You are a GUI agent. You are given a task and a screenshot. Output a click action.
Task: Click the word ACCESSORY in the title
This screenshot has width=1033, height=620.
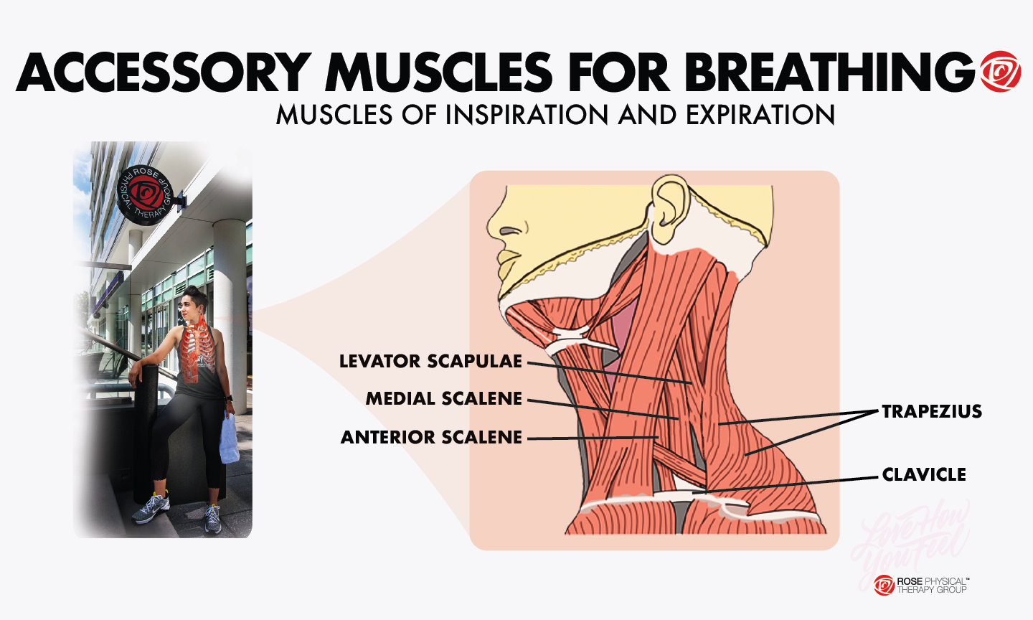[x=164, y=72]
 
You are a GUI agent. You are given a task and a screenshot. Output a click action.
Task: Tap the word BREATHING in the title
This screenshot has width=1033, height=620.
[x=831, y=72]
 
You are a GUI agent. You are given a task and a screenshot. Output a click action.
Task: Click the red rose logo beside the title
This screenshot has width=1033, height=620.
[x=1000, y=72]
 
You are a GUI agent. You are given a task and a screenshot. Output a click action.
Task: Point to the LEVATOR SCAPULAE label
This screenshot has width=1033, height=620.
[x=430, y=361]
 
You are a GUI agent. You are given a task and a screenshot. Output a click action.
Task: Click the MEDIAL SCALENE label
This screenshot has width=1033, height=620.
[x=444, y=399]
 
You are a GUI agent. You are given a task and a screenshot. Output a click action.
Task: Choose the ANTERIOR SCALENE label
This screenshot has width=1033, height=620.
[x=431, y=437]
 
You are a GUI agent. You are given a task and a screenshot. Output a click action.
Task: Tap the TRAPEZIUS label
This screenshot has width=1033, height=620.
[x=932, y=411]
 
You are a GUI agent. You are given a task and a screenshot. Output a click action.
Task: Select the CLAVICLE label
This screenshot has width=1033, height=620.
[x=924, y=474]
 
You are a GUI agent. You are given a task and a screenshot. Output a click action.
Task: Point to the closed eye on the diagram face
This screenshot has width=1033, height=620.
[x=511, y=231]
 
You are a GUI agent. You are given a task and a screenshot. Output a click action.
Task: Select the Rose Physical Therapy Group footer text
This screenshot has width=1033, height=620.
[x=932, y=586]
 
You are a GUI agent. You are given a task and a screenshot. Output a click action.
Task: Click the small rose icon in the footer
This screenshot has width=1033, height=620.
[x=884, y=586]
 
